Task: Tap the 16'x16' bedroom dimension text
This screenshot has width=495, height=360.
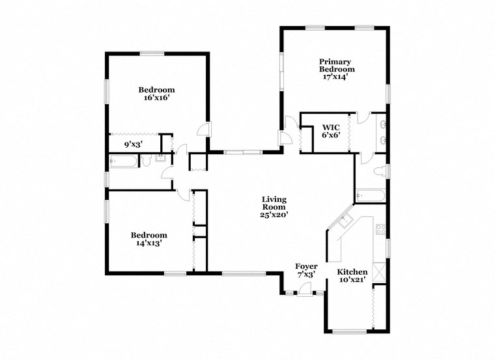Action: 156,98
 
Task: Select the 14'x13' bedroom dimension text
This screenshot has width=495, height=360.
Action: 148,243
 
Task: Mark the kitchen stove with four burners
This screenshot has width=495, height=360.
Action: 381,229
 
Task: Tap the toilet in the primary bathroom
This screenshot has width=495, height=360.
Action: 378,172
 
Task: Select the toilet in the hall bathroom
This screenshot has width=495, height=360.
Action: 147,161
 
